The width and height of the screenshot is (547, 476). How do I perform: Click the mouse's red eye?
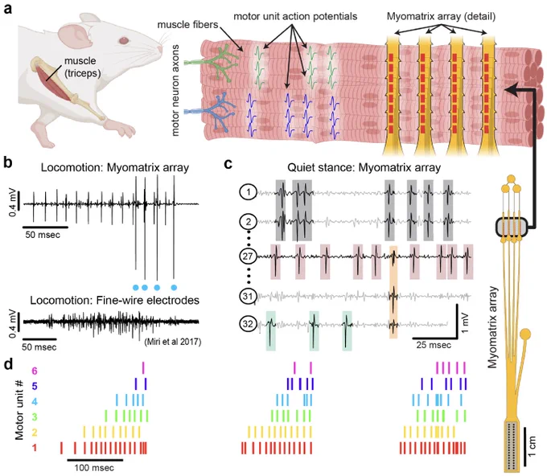pyautogui.click(x=124, y=40)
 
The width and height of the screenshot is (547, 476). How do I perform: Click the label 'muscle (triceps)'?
pyautogui.click(x=82, y=67)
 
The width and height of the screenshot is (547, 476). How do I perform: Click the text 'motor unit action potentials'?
pyautogui.click(x=295, y=16)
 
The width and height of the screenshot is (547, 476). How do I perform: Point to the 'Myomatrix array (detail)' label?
pyautogui.click(x=441, y=16)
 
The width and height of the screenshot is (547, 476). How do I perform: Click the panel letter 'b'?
pyautogui.click(x=8, y=162)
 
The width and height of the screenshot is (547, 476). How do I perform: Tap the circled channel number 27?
pyautogui.click(x=248, y=256)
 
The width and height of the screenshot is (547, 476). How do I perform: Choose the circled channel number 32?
pyautogui.click(x=248, y=323)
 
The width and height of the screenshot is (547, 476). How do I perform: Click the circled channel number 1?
pyautogui.click(x=248, y=192)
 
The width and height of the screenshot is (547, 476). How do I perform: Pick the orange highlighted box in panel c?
pyautogui.click(x=393, y=292)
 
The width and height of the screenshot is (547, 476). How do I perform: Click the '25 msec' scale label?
pyautogui.click(x=434, y=345)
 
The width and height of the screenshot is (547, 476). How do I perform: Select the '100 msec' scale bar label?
pyautogui.click(x=94, y=468)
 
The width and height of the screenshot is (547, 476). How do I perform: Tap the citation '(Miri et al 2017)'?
pyautogui.click(x=172, y=342)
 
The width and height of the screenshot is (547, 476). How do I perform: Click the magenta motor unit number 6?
pyautogui.click(x=34, y=371)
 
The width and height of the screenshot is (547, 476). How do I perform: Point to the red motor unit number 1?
pyautogui.click(x=34, y=448)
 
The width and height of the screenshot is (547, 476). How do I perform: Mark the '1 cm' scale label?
pyautogui.click(x=532, y=445)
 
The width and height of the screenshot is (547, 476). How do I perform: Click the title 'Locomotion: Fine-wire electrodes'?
pyautogui.click(x=115, y=300)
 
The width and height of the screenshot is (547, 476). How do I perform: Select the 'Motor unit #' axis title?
pyautogui.click(x=19, y=409)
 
